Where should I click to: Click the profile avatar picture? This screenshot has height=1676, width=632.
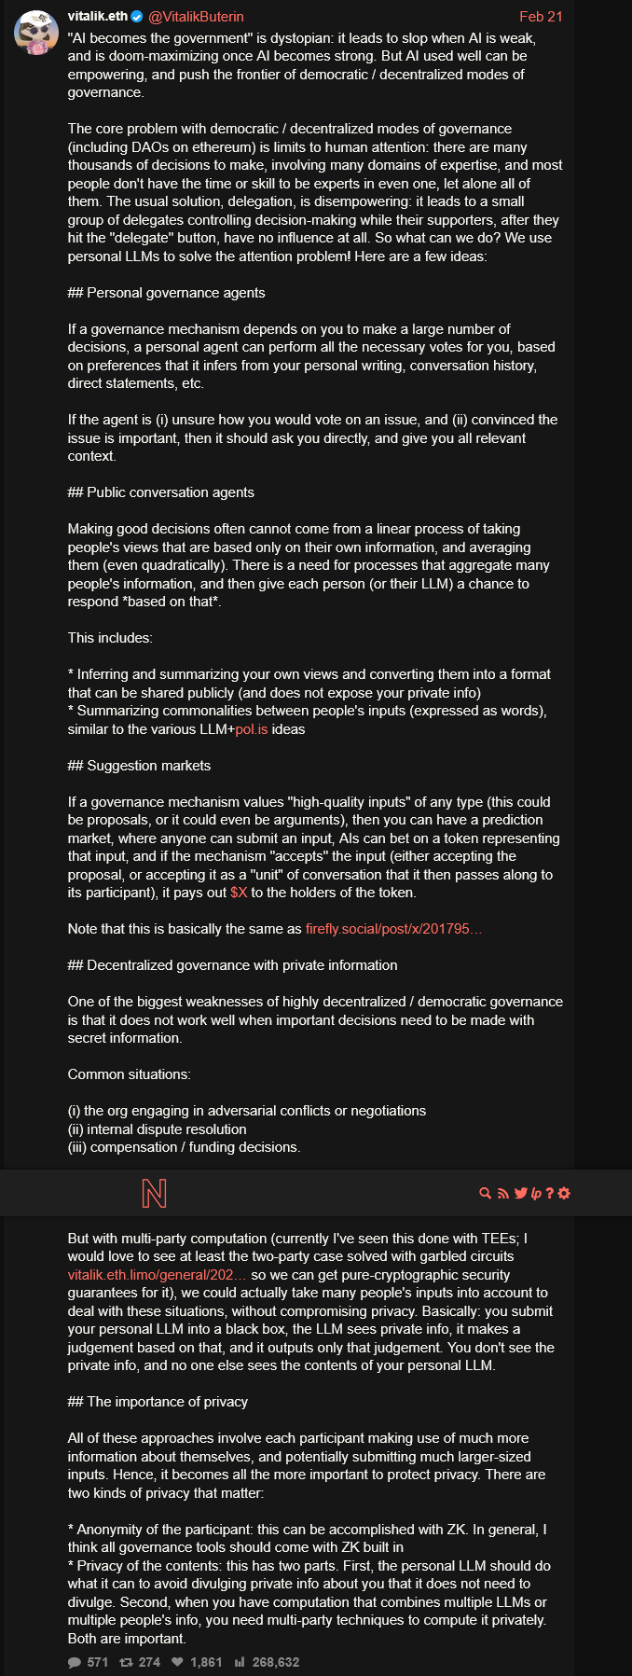(36, 34)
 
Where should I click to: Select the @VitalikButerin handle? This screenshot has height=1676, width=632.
(197, 17)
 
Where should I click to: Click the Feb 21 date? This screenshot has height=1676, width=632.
(541, 17)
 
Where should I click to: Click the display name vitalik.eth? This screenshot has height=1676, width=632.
(97, 17)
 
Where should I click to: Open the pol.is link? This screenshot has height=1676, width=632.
(252, 729)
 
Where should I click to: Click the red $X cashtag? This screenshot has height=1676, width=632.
(239, 893)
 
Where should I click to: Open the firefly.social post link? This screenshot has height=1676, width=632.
(393, 929)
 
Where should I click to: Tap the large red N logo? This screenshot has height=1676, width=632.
(154, 1193)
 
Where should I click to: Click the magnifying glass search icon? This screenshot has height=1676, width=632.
(485, 1193)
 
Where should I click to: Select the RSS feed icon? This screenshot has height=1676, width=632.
(503, 1193)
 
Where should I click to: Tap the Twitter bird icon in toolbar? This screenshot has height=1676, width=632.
(520, 1193)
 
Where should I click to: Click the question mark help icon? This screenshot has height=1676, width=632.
(550, 1193)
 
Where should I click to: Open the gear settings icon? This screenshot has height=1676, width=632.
(564, 1193)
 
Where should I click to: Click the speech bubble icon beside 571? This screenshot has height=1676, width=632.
(75, 1662)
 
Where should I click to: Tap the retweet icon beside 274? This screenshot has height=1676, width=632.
(126, 1662)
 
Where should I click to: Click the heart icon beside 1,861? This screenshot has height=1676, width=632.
(177, 1662)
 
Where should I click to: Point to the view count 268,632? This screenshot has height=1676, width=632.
(275, 1662)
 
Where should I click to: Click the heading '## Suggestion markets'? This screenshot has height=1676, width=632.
(139, 766)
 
